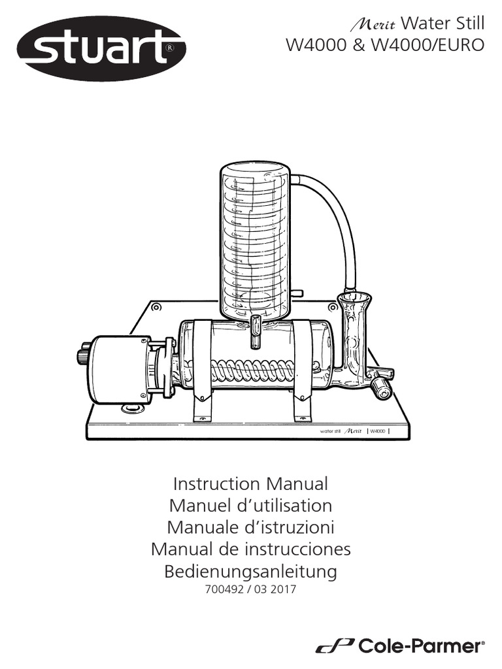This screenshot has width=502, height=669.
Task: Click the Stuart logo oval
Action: point(101,48)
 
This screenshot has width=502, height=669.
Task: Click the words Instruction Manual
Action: point(250,484)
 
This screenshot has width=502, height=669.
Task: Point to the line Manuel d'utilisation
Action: point(250,506)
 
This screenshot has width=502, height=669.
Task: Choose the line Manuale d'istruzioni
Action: point(250,527)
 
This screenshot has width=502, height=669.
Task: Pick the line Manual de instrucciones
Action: point(250,549)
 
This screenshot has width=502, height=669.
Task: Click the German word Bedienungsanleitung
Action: point(250,572)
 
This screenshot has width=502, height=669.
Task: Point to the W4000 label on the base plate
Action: point(377,431)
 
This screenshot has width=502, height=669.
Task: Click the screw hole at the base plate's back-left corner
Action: point(156,306)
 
